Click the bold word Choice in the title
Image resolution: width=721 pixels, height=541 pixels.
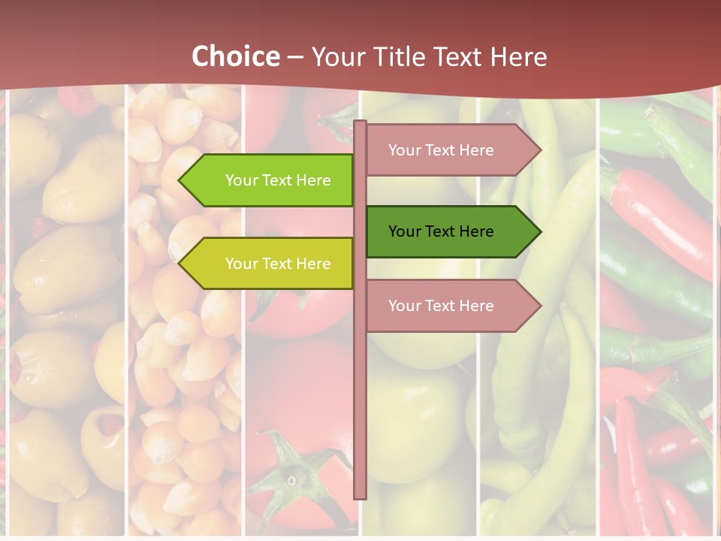235,56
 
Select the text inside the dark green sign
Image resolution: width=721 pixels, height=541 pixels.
441,231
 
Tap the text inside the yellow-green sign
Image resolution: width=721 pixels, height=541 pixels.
278,264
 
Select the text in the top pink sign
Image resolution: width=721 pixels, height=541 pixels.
441,150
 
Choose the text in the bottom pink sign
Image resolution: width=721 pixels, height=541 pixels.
441,306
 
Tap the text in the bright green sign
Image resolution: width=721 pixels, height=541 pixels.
278,180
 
